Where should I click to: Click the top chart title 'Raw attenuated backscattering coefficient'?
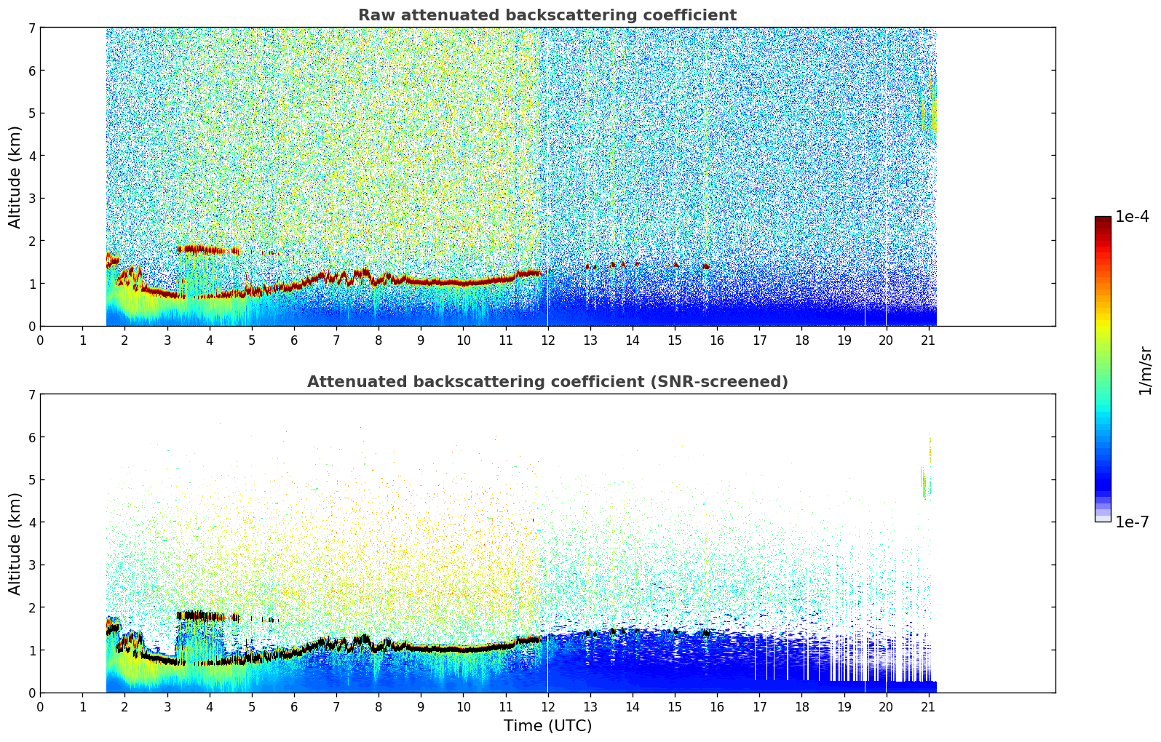(x=547, y=15)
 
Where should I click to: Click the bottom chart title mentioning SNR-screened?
(x=547, y=382)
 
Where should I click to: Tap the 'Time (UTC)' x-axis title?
(x=547, y=726)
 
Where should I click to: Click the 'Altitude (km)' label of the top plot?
(x=15, y=177)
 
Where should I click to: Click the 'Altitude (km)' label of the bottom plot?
(x=15, y=543)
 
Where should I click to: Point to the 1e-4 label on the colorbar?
(x=1132, y=217)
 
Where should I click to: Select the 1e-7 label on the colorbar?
(x=1132, y=522)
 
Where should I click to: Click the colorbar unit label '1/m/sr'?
(x=1145, y=370)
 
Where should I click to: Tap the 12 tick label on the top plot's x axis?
(x=547, y=340)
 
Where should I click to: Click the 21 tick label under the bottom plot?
(x=928, y=706)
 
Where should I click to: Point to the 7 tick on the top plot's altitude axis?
(x=31, y=28)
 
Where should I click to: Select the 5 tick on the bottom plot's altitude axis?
(x=31, y=479)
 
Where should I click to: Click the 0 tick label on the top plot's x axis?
(x=40, y=340)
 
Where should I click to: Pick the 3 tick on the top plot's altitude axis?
(x=31, y=198)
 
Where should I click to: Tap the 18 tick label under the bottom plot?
(x=801, y=706)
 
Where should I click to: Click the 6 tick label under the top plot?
(x=294, y=340)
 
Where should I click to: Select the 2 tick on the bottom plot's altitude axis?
(x=31, y=607)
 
